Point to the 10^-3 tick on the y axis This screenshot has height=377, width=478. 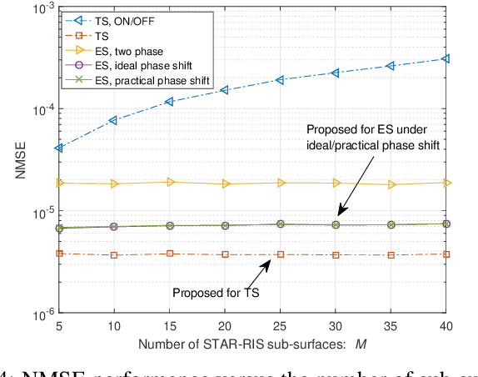pos(37,8)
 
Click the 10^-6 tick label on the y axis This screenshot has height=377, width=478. pos(37,315)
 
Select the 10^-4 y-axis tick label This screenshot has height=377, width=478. pos(37,109)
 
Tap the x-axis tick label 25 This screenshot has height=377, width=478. pos(280,328)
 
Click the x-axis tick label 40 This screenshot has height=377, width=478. pos(446,328)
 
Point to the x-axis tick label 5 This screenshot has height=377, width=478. pos(58,328)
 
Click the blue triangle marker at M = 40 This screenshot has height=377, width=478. pos(446,59)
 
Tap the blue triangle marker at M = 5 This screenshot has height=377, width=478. pos(58,148)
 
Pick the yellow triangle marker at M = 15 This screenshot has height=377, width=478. pos(169,182)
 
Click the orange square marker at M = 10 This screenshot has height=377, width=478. pos(114,255)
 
